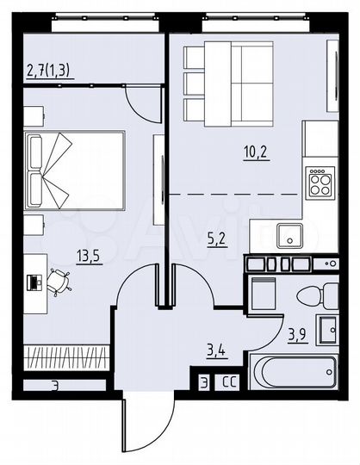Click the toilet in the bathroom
click(x=316, y=296)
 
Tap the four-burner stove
click(x=320, y=182)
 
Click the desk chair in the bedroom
click(x=59, y=281)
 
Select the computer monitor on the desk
click(x=34, y=281)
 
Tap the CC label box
click(x=230, y=381)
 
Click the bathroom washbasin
click(x=328, y=330)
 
